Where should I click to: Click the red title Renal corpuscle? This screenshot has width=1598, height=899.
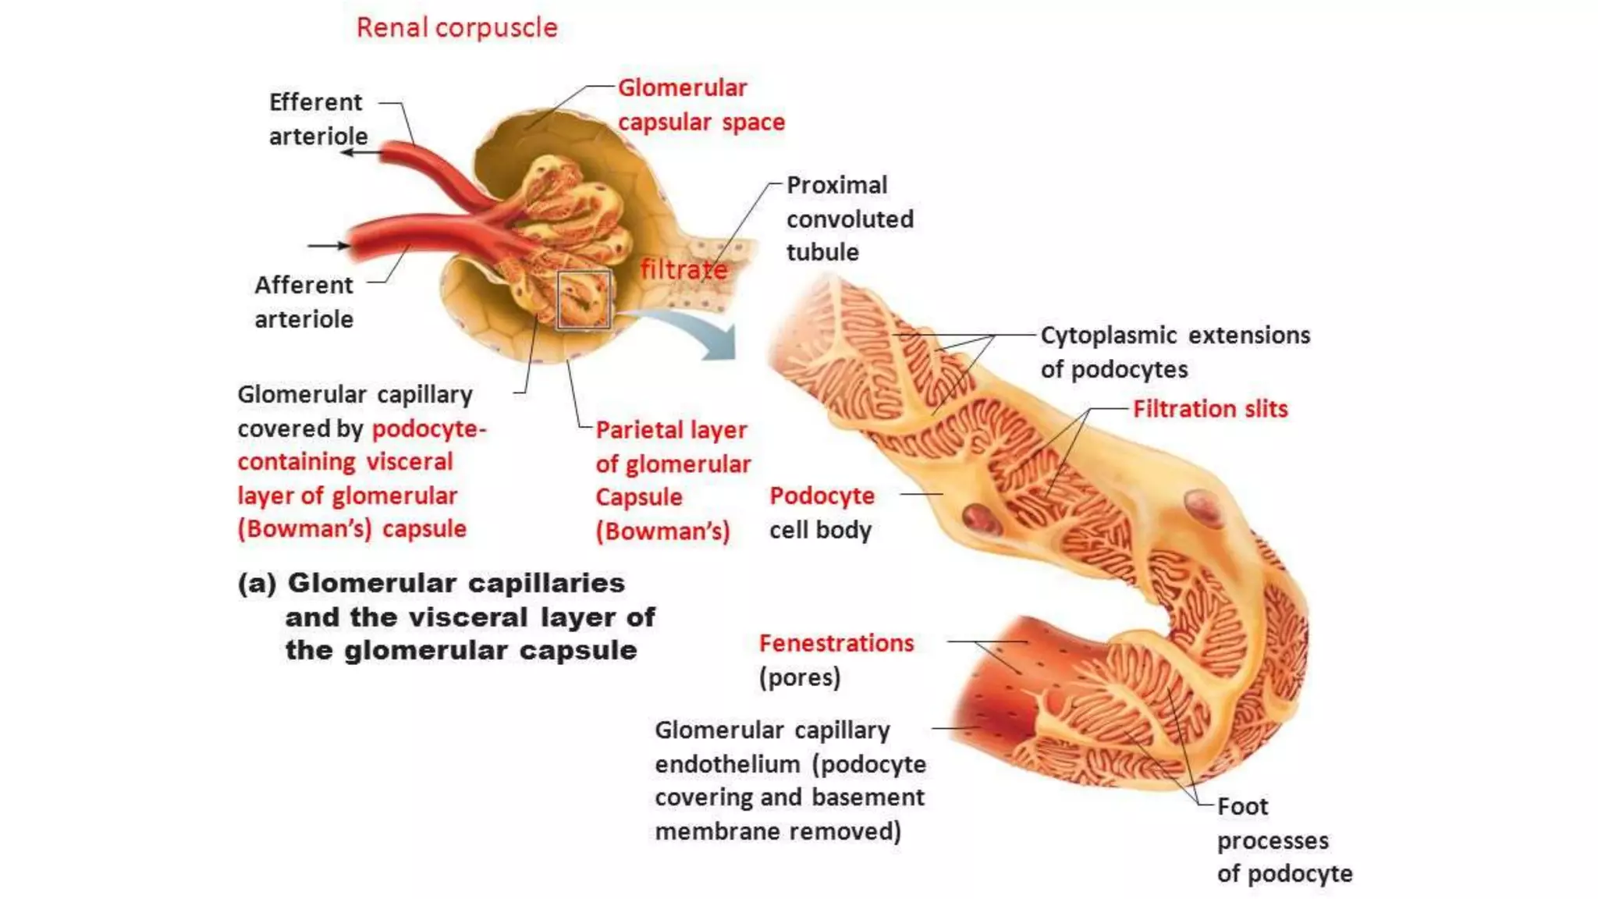[x=456, y=28]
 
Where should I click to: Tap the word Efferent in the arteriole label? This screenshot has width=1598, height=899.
[x=315, y=102]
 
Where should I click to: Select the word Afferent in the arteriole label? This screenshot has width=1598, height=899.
[x=304, y=286]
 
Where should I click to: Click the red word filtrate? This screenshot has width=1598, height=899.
[x=684, y=270]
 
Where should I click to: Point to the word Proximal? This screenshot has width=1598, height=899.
[x=836, y=186]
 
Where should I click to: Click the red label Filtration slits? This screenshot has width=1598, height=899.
[x=1210, y=409]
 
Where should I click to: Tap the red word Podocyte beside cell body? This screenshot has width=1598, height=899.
[x=822, y=496]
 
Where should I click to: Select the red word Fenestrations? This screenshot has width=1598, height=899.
[x=836, y=643]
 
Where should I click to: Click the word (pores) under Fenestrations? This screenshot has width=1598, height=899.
[x=800, y=677]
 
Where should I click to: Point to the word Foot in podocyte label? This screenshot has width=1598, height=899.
[x=1242, y=807]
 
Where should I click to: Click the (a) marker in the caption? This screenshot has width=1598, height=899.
[x=257, y=584]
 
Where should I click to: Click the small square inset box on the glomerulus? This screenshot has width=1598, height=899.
[x=584, y=300]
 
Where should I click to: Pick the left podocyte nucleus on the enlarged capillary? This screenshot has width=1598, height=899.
[x=980, y=517]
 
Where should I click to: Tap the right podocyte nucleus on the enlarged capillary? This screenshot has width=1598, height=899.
[x=1202, y=506]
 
